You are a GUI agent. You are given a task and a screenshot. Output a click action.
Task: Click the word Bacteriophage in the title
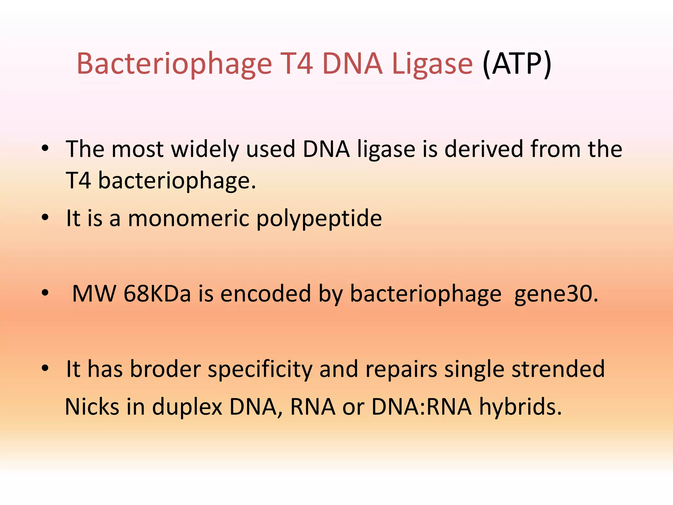174,64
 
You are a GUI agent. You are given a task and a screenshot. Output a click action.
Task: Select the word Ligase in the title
432,64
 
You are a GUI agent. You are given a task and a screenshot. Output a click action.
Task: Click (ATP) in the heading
517,64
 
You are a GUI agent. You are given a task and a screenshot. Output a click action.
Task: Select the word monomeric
189,218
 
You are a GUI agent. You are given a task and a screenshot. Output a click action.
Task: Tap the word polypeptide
319,219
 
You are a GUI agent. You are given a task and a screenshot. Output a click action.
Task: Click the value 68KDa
157,293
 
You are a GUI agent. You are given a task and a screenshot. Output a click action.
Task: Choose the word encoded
266,293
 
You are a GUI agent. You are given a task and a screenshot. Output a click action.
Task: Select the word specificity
260,370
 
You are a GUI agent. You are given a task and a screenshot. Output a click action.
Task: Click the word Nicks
92,407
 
